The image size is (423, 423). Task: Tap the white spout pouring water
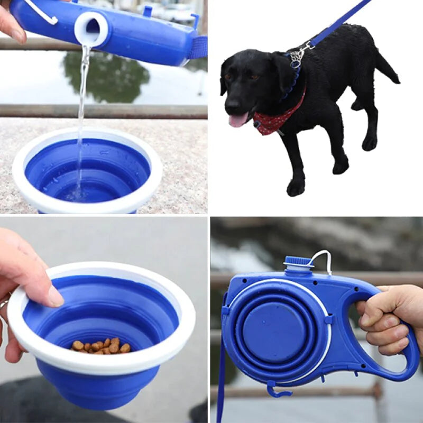pos(91,29)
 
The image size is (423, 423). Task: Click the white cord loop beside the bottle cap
pos(324,259)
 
